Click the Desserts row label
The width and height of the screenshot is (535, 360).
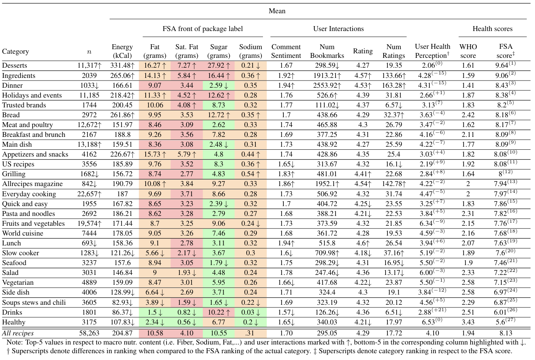click(x=15, y=65)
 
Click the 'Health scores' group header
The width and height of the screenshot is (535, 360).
click(x=492, y=29)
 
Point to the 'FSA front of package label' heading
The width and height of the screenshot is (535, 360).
click(x=202, y=29)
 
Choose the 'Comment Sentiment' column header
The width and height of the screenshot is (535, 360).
click(x=286, y=51)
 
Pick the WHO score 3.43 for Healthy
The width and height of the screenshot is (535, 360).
click(x=468, y=322)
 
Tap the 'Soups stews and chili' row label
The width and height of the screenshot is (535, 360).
click(x=34, y=303)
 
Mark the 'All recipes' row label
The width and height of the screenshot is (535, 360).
click(x=18, y=333)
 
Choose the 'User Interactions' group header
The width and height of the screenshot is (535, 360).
click(x=338, y=29)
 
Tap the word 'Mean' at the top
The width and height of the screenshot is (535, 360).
click(x=277, y=11)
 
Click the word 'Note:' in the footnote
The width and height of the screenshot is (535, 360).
click(x=15, y=343)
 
